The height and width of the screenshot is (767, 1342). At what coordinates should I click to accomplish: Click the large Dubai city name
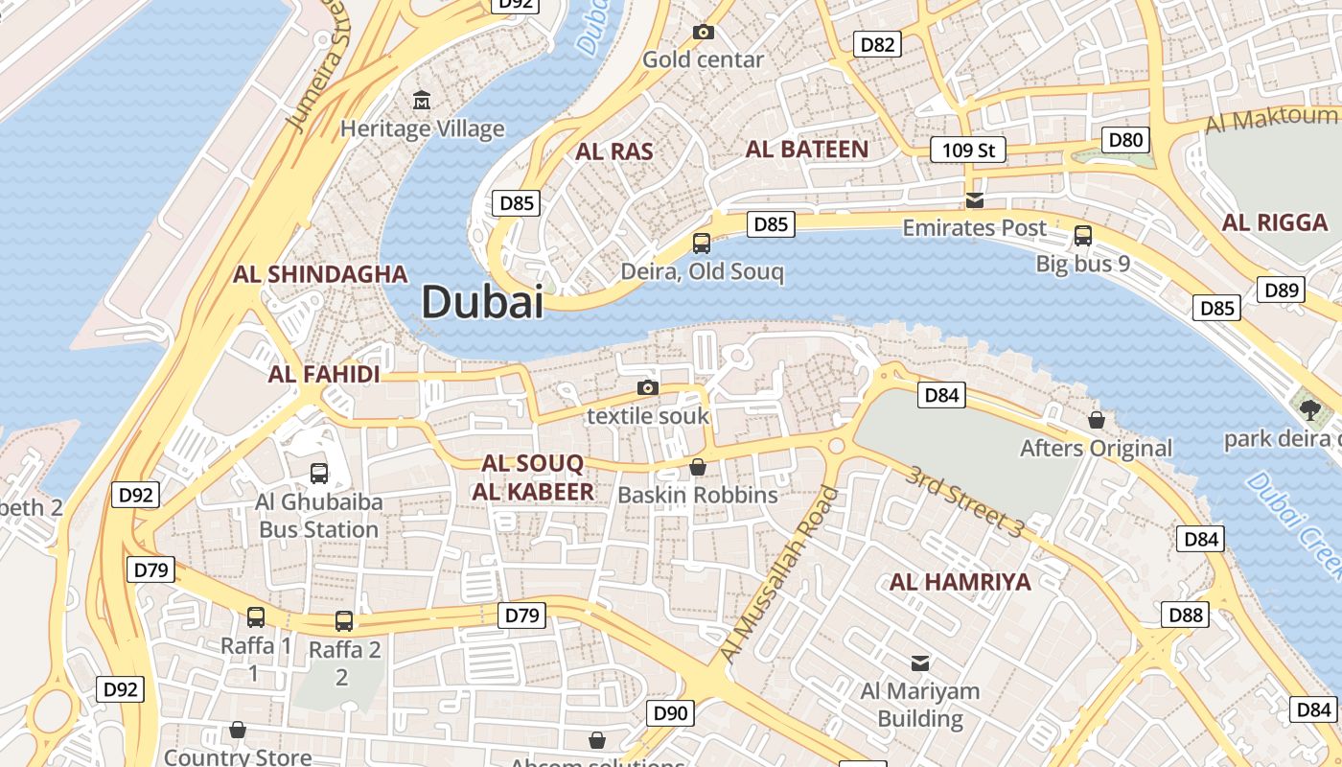(482, 302)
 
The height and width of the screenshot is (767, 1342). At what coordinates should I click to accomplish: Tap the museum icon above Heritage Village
(421, 100)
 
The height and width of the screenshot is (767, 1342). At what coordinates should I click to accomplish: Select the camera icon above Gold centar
(704, 33)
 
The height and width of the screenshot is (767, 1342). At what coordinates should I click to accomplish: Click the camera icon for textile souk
(648, 387)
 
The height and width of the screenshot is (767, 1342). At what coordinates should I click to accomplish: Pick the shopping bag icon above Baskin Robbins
(698, 467)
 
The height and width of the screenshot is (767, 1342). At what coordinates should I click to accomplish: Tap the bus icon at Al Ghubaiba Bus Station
(319, 473)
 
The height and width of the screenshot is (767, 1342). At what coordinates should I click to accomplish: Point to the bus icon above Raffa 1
(256, 617)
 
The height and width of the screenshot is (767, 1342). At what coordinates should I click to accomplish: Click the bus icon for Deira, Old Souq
(702, 244)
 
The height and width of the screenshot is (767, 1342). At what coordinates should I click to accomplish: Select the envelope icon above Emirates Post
(975, 200)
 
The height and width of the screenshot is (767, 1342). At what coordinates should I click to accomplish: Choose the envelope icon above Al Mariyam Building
(920, 662)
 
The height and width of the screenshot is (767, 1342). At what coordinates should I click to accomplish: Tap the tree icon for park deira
(1309, 409)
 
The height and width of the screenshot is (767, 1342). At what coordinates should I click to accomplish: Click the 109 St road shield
(968, 150)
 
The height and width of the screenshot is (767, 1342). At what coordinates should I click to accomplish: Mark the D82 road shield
(877, 44)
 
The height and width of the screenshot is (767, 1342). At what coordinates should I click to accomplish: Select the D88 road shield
(1186, 615)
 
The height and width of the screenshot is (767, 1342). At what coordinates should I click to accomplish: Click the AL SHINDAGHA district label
(320, 274)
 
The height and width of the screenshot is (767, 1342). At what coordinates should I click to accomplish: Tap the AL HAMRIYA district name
(960, 582)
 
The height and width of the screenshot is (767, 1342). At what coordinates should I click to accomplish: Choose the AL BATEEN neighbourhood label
(806, 150)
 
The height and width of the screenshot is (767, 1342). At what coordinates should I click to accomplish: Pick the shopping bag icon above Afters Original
(1097, 420)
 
